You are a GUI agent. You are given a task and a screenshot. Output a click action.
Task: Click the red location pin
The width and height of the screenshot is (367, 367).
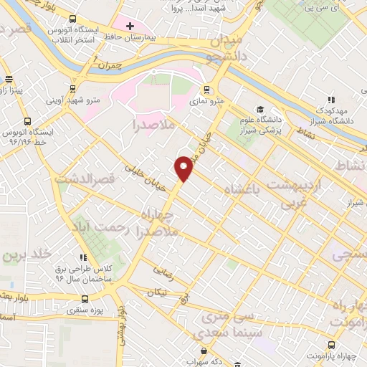(x=184, y=168)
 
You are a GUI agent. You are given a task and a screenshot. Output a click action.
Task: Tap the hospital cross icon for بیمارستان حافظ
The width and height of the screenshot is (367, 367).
(x=129, y=27)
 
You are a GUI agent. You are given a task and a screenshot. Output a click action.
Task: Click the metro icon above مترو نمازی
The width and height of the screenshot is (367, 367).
(x=206, y=90)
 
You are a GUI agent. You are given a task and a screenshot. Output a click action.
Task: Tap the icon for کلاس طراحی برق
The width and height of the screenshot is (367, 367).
(x=84, y=257)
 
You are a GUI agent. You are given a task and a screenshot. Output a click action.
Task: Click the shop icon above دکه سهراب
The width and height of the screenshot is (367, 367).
(x=205, y=351)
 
